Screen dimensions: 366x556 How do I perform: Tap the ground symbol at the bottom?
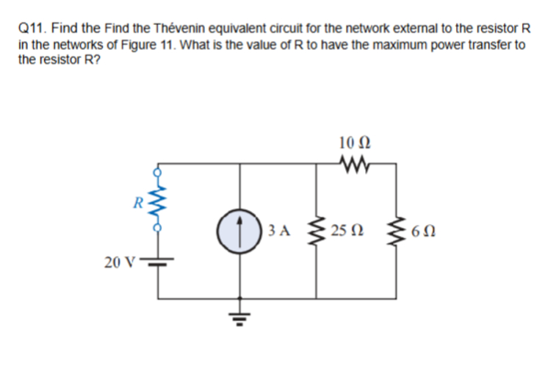tap(239, 317)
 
